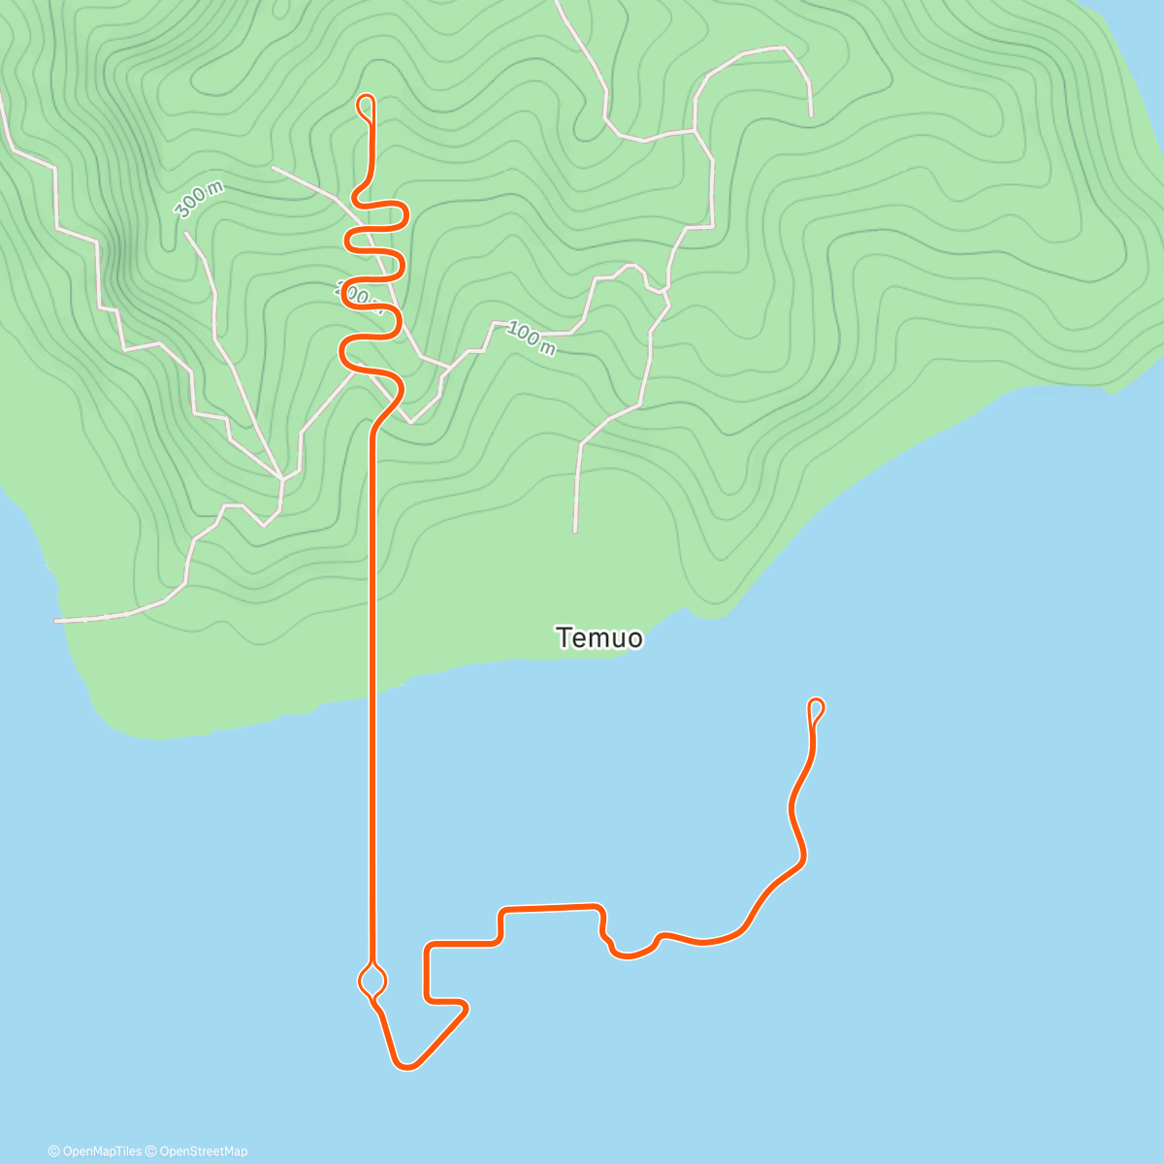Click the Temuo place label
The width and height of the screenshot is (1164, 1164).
click(x=599, y=637)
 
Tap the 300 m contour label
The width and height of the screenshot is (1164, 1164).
click(x=199, y=199)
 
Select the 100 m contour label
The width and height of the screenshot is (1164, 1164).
click(x=531, y=339)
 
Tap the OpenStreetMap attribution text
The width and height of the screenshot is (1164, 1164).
click(x=202, y=1151)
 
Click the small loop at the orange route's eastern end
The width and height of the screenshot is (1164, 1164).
click(x=817, y=707)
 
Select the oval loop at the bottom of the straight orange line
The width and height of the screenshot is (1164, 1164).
click(x=372, y=980)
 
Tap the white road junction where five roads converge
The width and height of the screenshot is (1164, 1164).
click(x=281, y=478)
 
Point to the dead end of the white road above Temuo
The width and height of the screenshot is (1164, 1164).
click(x=575, y=531)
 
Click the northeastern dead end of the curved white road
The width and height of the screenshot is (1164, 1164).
click(x=811, y=115)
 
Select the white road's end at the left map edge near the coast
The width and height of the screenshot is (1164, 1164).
click(x=56, y=620)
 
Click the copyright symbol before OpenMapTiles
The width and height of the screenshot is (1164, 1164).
click(x=53, y=1151)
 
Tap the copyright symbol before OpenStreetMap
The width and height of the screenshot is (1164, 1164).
click(x=152, y=1151)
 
